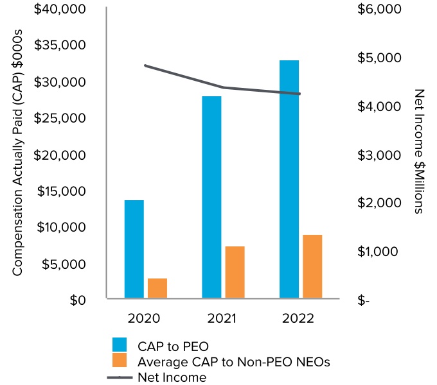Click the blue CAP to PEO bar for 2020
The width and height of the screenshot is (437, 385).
(x=134, y=249)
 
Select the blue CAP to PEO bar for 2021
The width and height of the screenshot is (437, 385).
(x=211, y=197)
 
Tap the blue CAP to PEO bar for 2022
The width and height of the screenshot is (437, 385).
(x=289, y=179)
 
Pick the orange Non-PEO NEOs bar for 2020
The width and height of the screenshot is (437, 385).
(x=157, y=288)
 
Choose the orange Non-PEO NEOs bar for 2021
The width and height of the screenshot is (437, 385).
(x=235, y=272)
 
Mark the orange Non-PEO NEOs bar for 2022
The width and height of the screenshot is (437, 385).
(x=312, y=266)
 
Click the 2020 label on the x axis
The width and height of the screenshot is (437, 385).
(x=144, y=318)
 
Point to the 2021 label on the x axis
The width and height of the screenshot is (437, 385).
(x=222, y=318)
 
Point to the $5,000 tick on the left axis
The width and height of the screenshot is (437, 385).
(x=65, y=264)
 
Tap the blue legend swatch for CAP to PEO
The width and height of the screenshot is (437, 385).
(x=120, y=345)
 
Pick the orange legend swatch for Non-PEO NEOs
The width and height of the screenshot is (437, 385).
(x=120, y=361)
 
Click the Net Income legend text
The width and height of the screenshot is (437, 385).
(x=172, y=377)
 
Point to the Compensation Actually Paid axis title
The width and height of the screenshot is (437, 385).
(x=18, y=153)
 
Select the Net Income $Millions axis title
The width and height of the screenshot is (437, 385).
(x=419, y=151)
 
